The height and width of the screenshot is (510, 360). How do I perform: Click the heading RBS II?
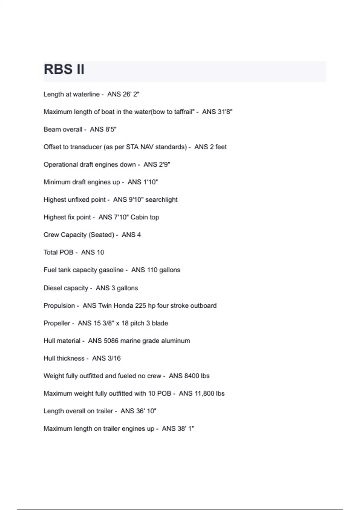pyautogui.click(x=64, y=69)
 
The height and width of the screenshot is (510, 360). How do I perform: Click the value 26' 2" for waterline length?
pyautogui.click(x=131, y=94)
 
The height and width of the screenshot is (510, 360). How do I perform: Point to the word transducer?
pyautogui.click(x=86, y=147)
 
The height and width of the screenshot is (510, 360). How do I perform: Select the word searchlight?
pyautogui.click(x=161, y=200)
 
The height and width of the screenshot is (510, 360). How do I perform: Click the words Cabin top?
pyautogui.click(x=145, y=217)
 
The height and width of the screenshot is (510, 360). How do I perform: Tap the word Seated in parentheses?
pyautogui.click(x=101, y=235)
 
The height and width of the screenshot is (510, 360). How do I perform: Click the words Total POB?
pyautogui.click(x=58, y=252)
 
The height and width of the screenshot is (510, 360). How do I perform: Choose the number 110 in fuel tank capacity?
pyautogui.click(x=152, y=270)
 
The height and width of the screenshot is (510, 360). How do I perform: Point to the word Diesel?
pyautogui.click(x=53, y=288)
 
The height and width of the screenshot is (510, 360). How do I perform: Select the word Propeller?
pyautogui.click(x=57, y=323)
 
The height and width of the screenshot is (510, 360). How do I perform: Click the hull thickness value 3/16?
pyautogui.click(x=113, y=358)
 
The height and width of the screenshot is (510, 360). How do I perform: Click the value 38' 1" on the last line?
pyautogui.click(x=186, y=429)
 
